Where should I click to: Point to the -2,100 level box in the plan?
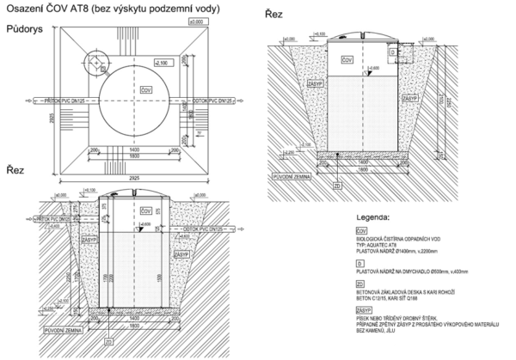(160, 64)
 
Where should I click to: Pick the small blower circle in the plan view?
(96, 61)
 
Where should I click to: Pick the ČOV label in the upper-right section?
(345, 61)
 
